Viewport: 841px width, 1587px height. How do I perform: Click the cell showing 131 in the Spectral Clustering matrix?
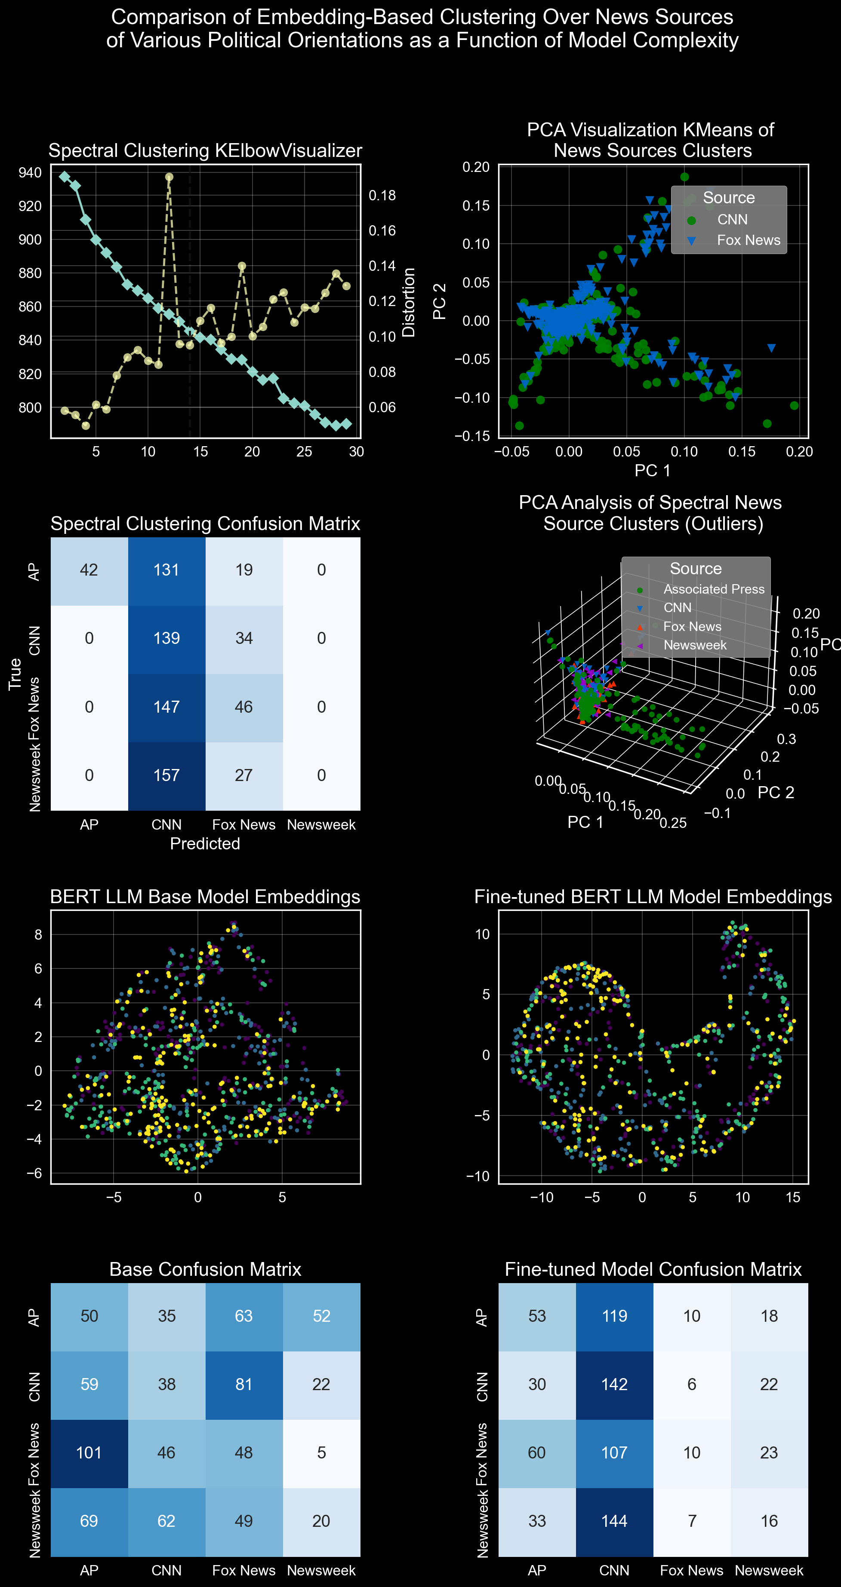(x=166, y=570)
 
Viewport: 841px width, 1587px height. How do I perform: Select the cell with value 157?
(x=166, y=775)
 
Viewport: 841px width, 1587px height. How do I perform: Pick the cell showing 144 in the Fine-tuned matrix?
(x=614, y=1521)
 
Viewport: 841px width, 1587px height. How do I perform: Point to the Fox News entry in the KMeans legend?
(x=748, y=240)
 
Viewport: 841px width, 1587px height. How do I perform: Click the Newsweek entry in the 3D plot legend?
(x=694, y=645)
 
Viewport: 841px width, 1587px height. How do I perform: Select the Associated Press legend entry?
(x=713, y=589)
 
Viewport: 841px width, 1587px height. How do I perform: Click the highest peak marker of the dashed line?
(x=169, y=177)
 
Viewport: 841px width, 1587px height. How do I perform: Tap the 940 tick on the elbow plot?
(x=30, y=172)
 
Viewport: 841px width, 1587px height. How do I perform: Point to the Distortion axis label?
(x=408, y=302)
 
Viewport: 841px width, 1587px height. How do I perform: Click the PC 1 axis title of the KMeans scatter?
(x=652, y=471)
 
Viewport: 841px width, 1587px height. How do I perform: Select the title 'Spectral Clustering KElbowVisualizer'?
(x=205, y=150)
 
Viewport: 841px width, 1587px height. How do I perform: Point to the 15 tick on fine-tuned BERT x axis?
(x=792, y=1197)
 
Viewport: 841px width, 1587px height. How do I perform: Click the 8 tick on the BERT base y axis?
(x=38, y=934)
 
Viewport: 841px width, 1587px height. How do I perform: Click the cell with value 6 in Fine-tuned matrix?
(x=691, y=1384)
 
